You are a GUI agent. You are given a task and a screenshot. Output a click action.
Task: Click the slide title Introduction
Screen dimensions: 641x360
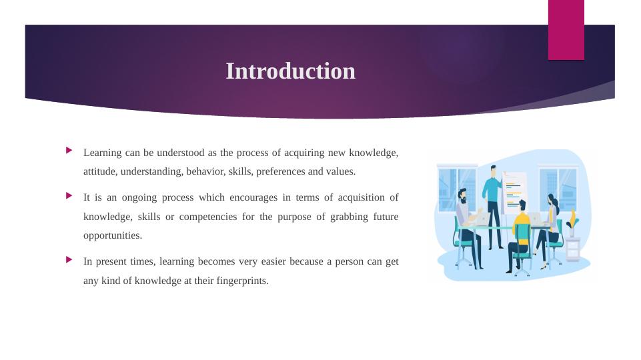(x=291, y=71)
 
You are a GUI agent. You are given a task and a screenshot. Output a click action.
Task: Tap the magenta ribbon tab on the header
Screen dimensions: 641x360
(x=566, y=30)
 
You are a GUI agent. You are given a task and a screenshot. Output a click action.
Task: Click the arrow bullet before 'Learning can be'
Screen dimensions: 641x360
(x=69, y=151)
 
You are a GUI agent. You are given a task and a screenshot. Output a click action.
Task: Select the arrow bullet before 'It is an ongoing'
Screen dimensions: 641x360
(x=69, y=196)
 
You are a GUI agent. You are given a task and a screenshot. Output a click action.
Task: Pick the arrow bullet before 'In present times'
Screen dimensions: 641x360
(x=69, y=259)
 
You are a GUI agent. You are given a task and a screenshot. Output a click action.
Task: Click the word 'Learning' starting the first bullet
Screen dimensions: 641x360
(x=103, y=153)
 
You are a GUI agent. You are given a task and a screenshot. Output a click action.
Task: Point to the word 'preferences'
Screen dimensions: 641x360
(x=280, y=171)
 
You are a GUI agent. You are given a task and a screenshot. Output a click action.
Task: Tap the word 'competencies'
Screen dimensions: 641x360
(x=208, y=217)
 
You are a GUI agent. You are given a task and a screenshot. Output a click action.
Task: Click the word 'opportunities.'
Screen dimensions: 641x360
(x=113, y=236)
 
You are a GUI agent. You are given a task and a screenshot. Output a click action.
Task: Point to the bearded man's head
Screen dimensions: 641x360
(x=462, y=196)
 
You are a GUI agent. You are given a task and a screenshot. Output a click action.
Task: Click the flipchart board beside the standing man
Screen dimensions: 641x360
(x=514, y=193)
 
